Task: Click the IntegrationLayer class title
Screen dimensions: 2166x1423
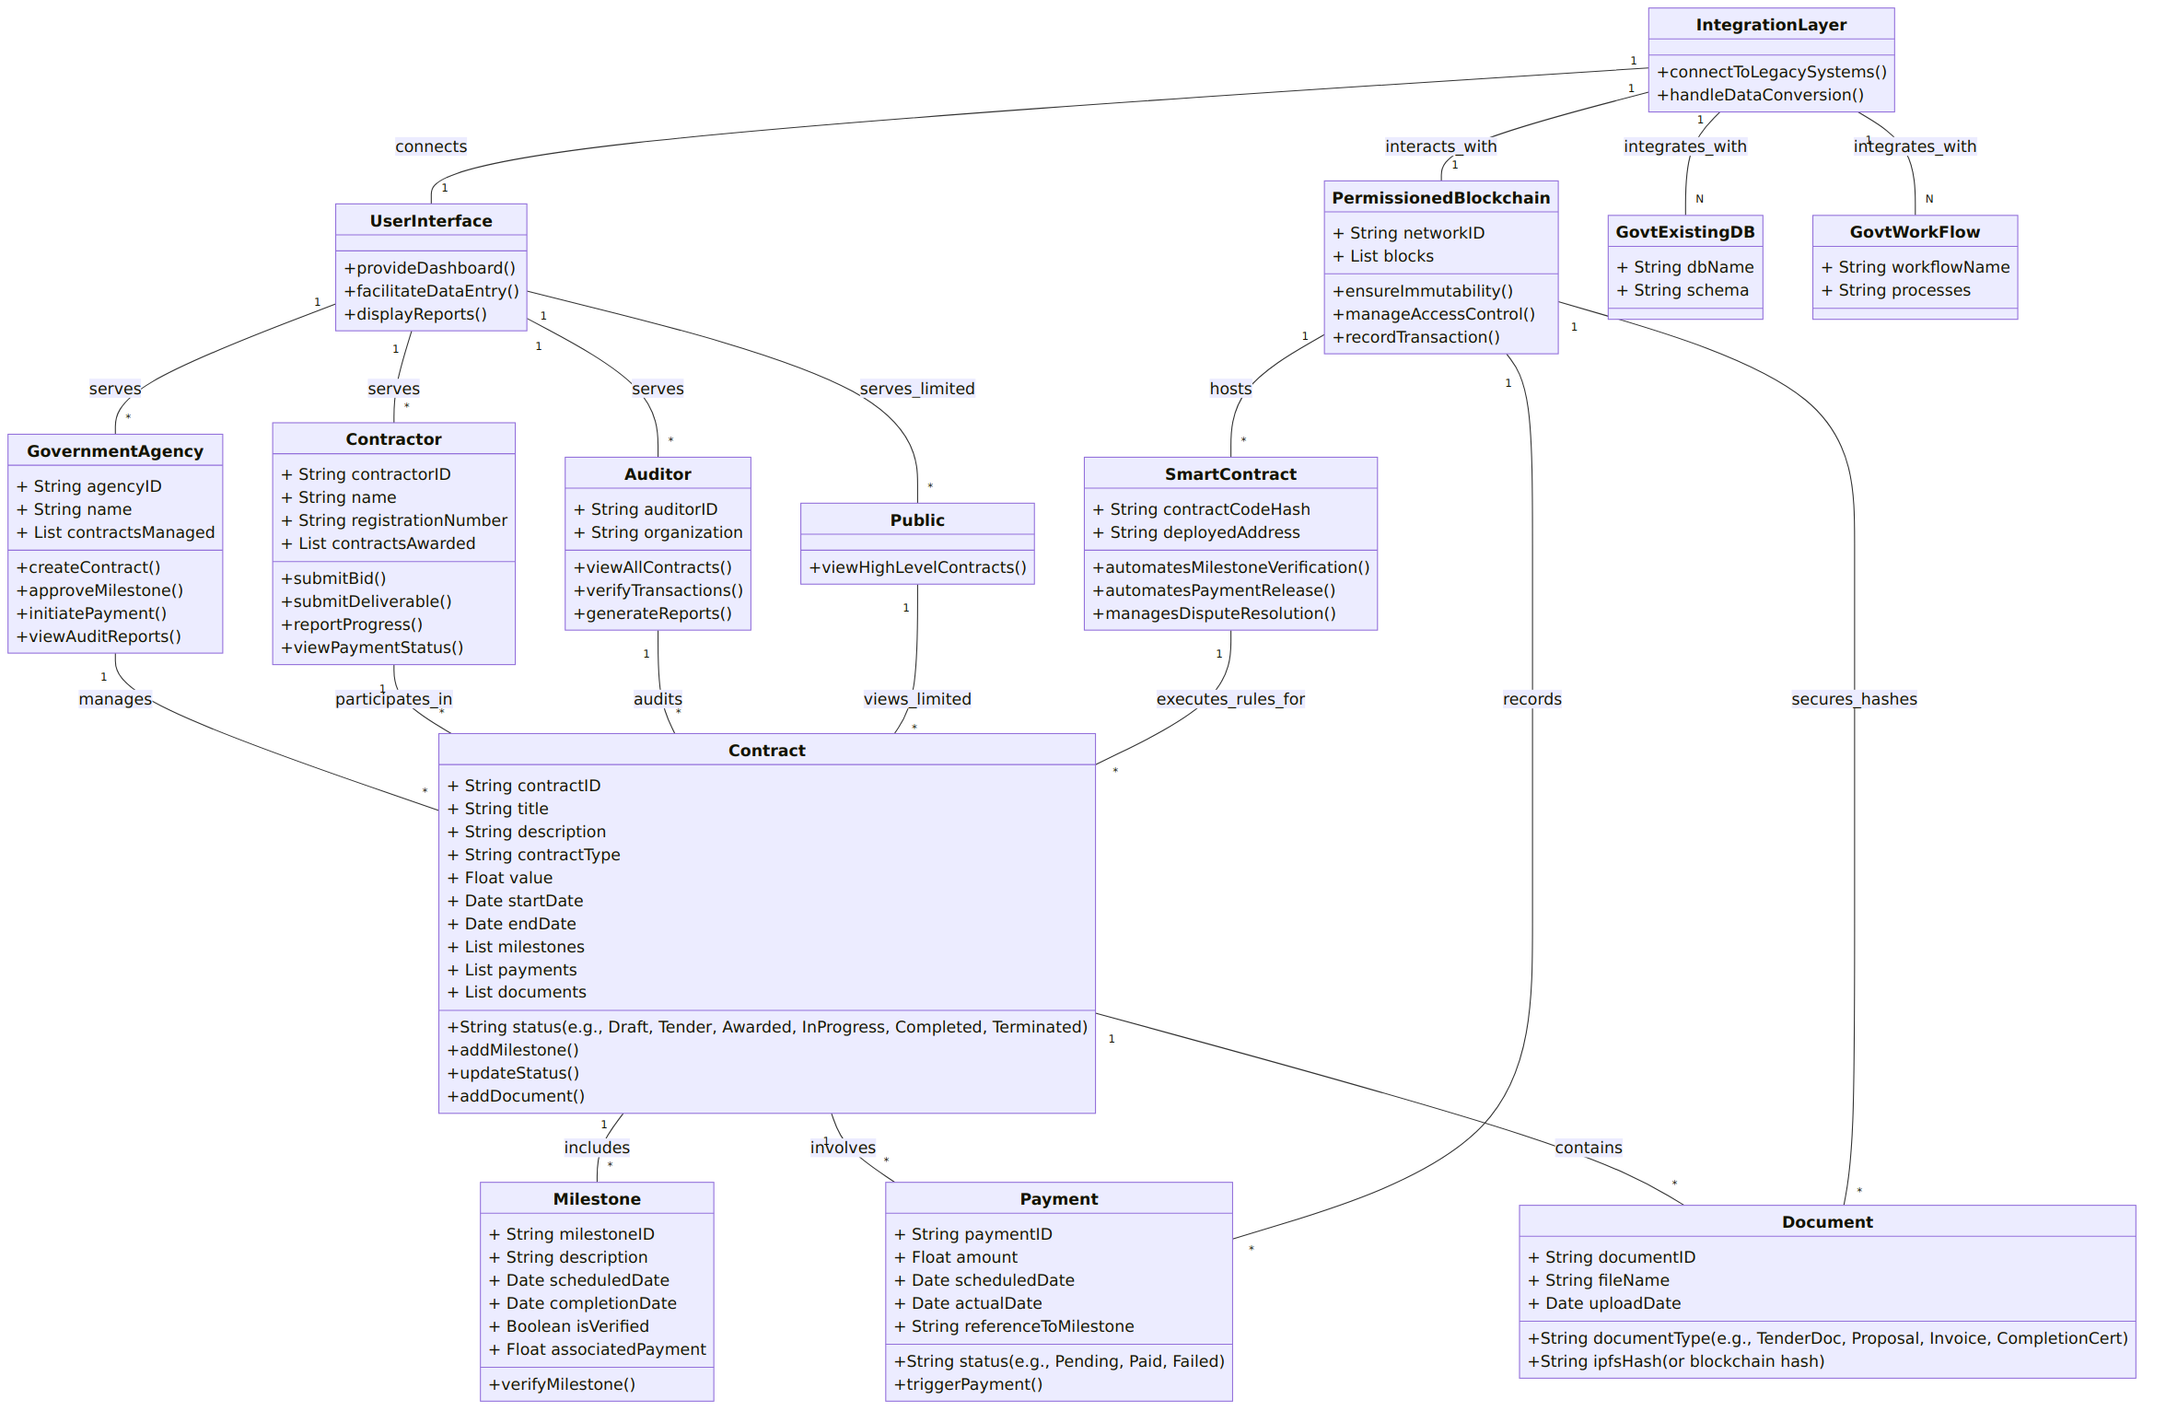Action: coord(1770,25)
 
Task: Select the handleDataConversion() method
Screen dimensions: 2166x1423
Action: coord(1759,95)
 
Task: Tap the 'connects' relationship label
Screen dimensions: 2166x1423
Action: coord(431,146)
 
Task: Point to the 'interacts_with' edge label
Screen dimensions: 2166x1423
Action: coord(1440,146)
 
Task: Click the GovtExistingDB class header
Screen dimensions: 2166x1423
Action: coord(1684,232)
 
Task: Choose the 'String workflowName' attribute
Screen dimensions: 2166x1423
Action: coord(1915,267)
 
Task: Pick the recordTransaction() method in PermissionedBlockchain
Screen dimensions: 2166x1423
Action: coord(1415,337)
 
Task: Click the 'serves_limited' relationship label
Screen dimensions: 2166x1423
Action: coord(917,389)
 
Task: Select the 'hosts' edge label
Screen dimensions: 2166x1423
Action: coord(1230,389)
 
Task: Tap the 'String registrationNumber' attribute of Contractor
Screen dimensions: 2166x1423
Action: coord(393,520)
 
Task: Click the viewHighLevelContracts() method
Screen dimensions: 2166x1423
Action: coord(917,567)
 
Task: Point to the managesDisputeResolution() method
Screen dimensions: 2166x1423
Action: coord(1214,613)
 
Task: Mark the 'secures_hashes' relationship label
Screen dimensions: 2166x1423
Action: coord(1854,699)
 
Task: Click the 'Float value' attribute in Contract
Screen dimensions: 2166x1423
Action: coord(499,878)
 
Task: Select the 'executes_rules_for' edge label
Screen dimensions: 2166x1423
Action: coord(1230,699)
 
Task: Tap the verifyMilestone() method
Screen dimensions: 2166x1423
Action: coord(562,1384)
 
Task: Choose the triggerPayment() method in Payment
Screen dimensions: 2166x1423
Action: coord(968,1384)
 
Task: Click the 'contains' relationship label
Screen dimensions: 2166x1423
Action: coord(1589,1148)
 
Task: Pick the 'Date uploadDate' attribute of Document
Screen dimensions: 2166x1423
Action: coord(1604,1303)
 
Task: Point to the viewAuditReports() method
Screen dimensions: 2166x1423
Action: coord(99,636)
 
